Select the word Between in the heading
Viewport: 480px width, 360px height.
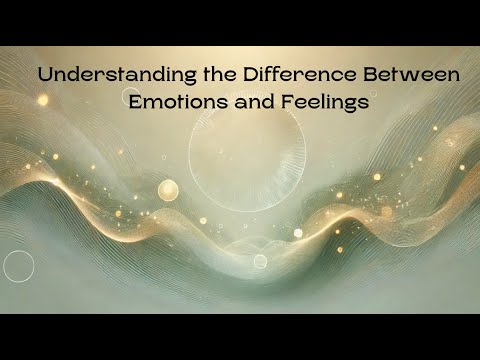coord(412,75)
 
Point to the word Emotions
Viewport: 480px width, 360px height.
coord(179,101)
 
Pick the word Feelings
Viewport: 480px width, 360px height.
coord(325,102)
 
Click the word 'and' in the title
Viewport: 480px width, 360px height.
coord(255,101)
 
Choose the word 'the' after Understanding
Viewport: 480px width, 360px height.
coord(220,75)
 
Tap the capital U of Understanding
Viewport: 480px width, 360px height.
coord(45,75)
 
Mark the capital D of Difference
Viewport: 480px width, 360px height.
coord(250,75)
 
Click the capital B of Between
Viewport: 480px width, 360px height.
coord(369,75)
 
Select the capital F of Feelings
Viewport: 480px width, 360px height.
coord(287,102)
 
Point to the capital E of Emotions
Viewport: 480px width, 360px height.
coord(135,102)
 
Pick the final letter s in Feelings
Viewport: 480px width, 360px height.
coord(365,104)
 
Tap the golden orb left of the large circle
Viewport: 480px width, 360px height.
coord(168,190)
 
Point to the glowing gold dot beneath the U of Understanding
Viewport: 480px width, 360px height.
coord(43,100)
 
